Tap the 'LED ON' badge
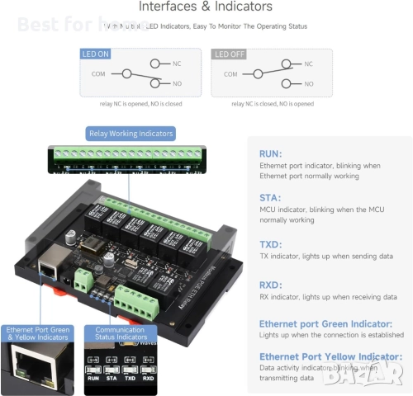click(x=95, y=54)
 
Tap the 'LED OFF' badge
click(x=229, y=54)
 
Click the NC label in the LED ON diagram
click(x=177, y=64)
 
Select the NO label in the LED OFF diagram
click(x=309, y=83)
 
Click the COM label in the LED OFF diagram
click(x=230, y=73)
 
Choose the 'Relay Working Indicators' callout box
click(x=131, y=134)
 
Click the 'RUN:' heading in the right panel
click(x=270, y=153)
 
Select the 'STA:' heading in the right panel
click(x=269, y=198)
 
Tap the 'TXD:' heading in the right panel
click(x=270, y=244)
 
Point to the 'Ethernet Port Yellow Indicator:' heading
click(x=330, y=356)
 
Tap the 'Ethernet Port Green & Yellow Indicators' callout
click(x=39, y=332)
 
